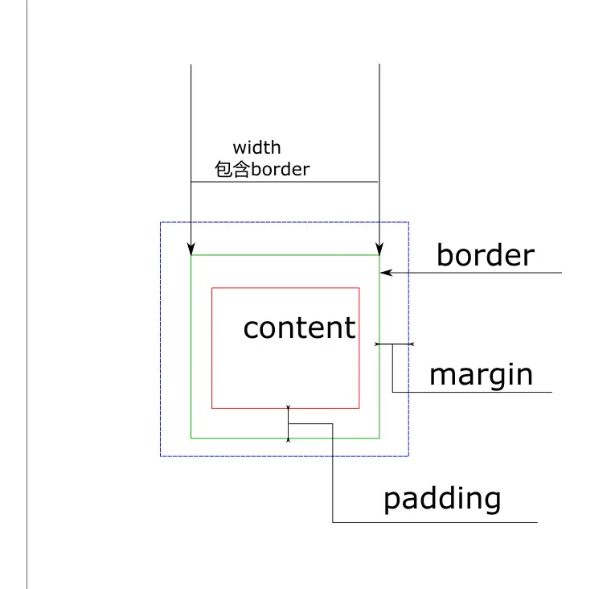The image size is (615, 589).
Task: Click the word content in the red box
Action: [x=299, y=327]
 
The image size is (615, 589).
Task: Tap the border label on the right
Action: [x=485, y=255]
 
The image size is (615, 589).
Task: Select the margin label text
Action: [x=481, y=375]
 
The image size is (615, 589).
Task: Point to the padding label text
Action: [x=442, y=499]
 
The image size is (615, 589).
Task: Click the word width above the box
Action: [x=256, y=147]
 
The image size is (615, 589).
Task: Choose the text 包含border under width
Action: [x=262, y=170]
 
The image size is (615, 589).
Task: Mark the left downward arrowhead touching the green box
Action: [x=191, y=249]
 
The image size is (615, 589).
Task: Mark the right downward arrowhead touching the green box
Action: [x=379, y=249]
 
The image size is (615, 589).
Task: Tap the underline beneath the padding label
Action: [x=434, y=523]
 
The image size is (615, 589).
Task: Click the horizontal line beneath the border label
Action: [x=482, y=273]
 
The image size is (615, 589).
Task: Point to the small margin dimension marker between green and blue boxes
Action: [x=394, y=344]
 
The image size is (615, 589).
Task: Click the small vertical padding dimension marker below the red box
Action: [x=288, y=423]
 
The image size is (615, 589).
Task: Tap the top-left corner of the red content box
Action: [x=211, y=287]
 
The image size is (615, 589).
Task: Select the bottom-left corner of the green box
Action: [x=191, y=438]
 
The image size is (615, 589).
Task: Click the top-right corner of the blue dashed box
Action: [x=408, y=222]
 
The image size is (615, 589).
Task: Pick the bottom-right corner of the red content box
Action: [x=359, y=408]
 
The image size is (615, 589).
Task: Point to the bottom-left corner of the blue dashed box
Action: [x=161, y=456]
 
